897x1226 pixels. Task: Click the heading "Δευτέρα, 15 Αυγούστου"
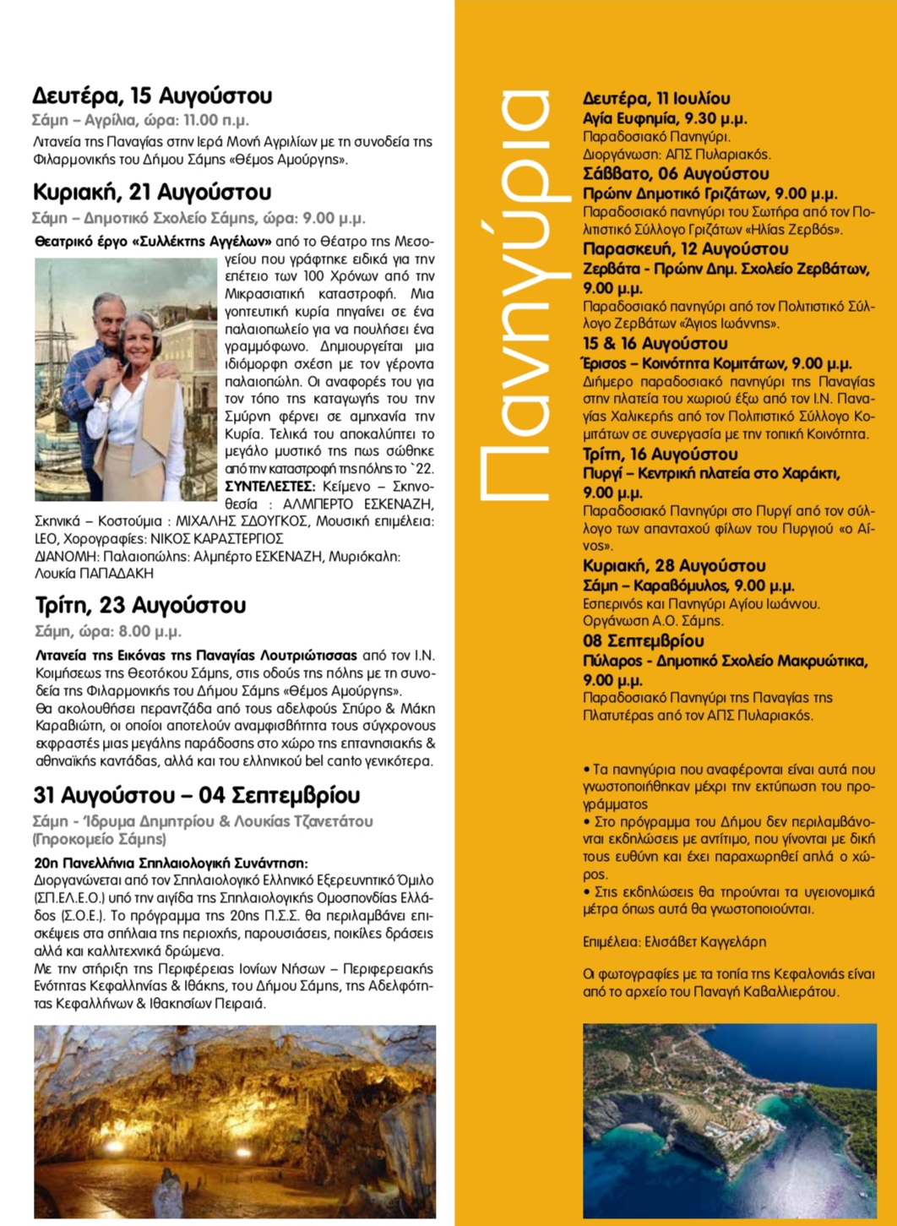pyautogui.click(x=152, y=95)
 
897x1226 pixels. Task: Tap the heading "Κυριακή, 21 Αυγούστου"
pyautogui.click(x=152, y=192)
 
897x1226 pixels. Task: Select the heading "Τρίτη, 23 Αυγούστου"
pyautogui.click(x=140, y=605)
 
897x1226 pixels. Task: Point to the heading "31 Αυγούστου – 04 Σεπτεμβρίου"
pyautogui.click(x=197, y=795)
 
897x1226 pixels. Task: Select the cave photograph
pyautogui.click(x=235, y=1121)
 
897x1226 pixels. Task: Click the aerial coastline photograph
pyautogui.click(x=729, y=1120)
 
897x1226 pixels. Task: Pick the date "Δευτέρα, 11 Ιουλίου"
pyautogui.click(x=656, y=99)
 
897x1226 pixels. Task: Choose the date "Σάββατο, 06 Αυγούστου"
pyautogui.click(x=676, y=174)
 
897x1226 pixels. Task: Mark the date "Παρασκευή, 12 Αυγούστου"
pyautogui.click(x=685, y=249)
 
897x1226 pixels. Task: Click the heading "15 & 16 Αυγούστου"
pyautogui.click(x=655, y=344)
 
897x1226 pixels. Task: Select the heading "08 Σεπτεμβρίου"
pyautogui.click(x=643, y=640)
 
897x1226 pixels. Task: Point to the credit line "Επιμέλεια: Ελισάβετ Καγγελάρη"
pyautogui.click(x=674, y=941)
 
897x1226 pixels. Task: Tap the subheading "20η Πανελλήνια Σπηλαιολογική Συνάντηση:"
pyautogui.click(x=171, y=863)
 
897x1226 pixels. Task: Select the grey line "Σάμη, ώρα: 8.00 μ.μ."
pyautogui.click(x=108, y=631)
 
